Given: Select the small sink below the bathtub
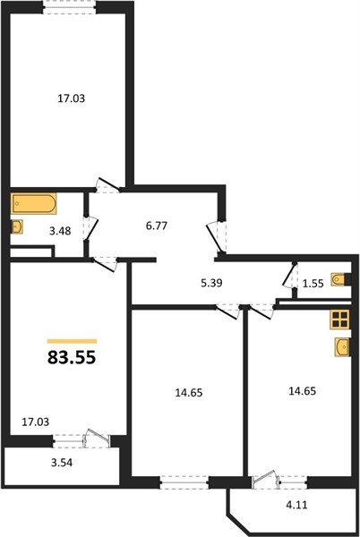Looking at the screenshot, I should (17, 227).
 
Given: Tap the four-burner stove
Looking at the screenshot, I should (339, 320).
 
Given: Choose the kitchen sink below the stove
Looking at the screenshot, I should (341, 346).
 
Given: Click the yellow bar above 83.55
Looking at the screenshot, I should (72, 341).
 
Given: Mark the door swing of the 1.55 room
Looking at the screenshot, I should (290, 277).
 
